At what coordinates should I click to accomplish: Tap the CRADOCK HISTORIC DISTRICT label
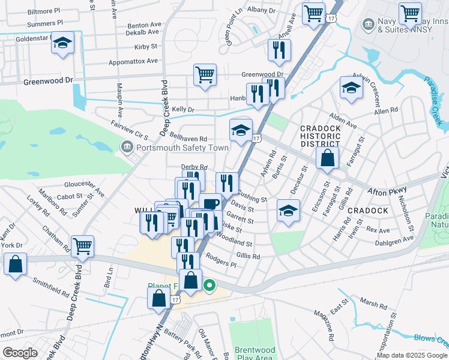coord(321,136)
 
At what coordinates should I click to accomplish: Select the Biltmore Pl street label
coord(44,11)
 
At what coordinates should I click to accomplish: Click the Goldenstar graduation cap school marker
coord(62,44)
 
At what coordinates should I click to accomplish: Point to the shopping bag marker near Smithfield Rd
coord(15,263)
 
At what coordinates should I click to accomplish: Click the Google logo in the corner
coord(20,353)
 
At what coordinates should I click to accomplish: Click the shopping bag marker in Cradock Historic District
coord(328,158)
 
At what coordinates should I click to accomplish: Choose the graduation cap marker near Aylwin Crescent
coord(351,88)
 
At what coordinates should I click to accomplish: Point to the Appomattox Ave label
coord(133,61)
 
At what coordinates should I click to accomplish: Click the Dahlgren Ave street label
coord(397,239)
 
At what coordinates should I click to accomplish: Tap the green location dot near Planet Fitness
coord(209,286)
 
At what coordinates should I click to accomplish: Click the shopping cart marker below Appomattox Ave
coord(205,76)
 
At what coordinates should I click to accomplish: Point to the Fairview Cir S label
coord(130,130)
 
